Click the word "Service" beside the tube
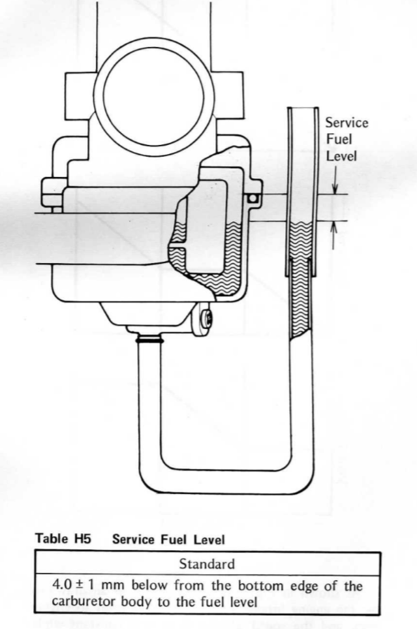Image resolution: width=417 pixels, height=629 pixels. point(347,123)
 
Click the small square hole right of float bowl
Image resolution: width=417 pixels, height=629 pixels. point(253,198)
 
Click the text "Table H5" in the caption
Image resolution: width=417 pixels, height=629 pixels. point(57,540)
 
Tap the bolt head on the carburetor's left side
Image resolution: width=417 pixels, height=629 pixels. point(52,191)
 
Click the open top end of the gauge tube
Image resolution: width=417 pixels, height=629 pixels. point(301,109)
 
